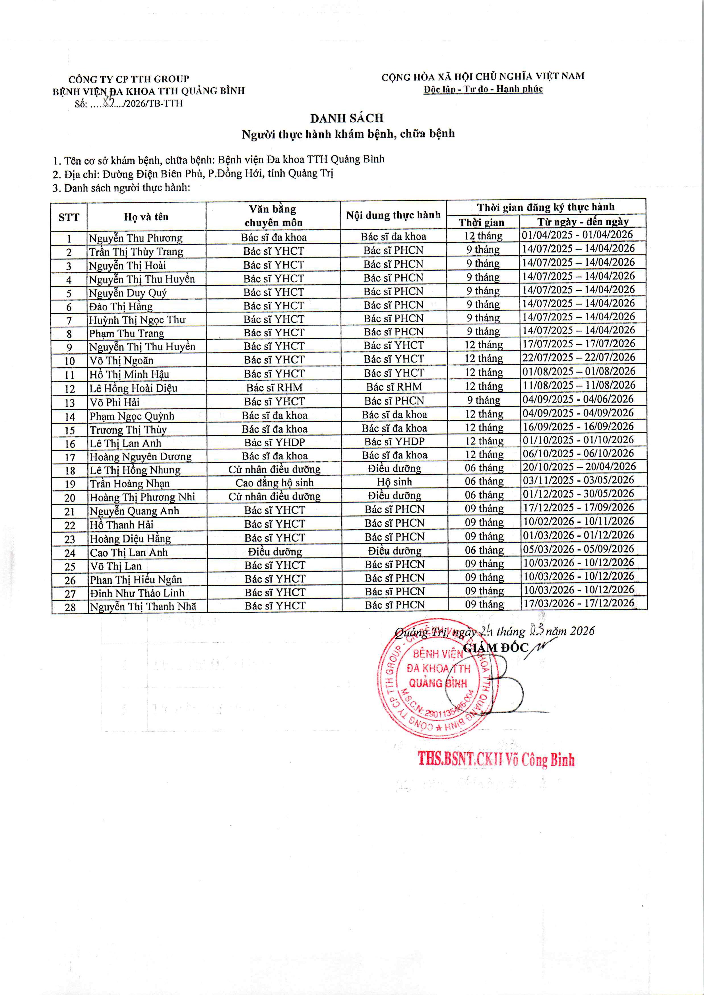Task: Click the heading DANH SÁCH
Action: point(347,118)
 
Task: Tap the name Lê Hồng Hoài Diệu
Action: point(133,388)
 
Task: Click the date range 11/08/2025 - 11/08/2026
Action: point(578,385)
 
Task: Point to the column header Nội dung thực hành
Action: point(393,215)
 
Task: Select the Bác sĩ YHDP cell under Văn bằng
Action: point(274,442)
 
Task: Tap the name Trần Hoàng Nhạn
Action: point(130,484)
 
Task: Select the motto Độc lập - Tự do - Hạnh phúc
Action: point(483,89)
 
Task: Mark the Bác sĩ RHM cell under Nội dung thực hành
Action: point(394,387)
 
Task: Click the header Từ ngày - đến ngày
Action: point(583,222)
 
